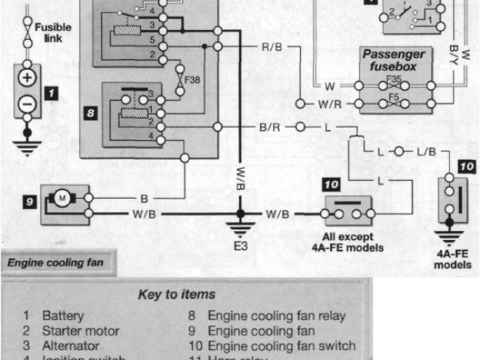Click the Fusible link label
tap(53, 32)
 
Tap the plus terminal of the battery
tap(27, 78)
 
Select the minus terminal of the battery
tap(27, 103)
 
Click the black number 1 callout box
tap(51, 94)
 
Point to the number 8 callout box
tap(89, 114)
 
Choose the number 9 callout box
tap(29, 201)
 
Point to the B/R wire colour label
tap(271, 127)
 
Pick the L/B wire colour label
tap(426, 151)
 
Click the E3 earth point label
tap(240, 245)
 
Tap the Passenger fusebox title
tap(394, 60)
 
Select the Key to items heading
tap(177, 294)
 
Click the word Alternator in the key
tap(70, 346)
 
